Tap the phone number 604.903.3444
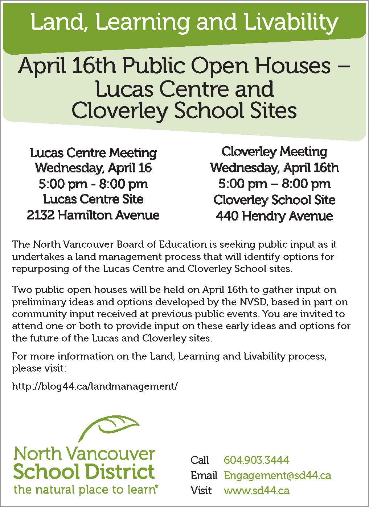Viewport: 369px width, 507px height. (x=257, y=460)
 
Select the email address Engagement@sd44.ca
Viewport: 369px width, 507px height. (x=278, y=475)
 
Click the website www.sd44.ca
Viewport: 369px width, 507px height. (x=257, y=490)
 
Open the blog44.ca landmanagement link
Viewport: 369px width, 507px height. (x=95, y=386)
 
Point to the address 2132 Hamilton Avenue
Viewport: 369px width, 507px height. (x=93, y=215)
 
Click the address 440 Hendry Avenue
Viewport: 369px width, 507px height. (x=274, y=216)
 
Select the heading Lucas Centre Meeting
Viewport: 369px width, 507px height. (x=93, y=152)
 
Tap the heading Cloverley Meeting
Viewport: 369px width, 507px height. (x=274, y=151)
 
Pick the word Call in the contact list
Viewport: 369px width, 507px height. (x=200, y=460)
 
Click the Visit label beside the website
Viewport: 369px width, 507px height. (x=201, y=490)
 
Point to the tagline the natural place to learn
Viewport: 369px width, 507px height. (x=86, y=490)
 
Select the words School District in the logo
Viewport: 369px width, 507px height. (x=84, y=472)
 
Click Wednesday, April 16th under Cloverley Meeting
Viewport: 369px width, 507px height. (x=274, y=168)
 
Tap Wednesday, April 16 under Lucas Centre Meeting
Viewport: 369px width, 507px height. (x=93, y=168)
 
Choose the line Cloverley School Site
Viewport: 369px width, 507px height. (x=274, y=200)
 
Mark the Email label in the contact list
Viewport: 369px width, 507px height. (x=204, y=475)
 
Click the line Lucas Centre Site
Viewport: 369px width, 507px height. (x=93, y=199)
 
